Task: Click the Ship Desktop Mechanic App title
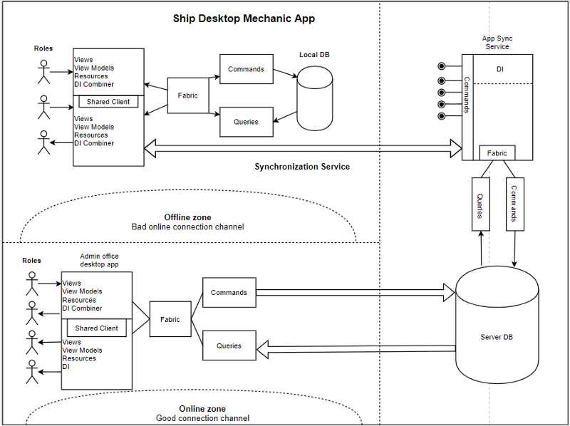pyautogui.click(x=244, y=19)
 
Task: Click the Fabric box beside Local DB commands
pyautogui.click(x=188, y=95)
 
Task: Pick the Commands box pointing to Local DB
pyautogui.click(x=246, y=69)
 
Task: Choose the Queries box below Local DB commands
pyautogui.click(x=246, y=122)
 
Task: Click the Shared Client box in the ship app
pyautogui.click(x=108, y=102)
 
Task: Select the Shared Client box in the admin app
pyautogui.click(x=96, y=328)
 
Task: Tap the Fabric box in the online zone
pyautogui.click(x=170, y=320)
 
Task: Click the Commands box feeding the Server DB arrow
pyautogui.click(x=229, y=293)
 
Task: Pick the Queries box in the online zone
pyautogui.click(x=229, y=346)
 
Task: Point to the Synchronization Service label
pyautogui.click(x=302, y=167)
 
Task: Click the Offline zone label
pyautogui.click(x=187, y=217)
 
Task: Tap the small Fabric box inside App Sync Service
pyautogui.click(x=497, y=153)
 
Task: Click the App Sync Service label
pyautogui.click(x=497, y=42)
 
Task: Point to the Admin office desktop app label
pyautogui.click(x=99, y=260)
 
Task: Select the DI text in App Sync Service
pyautogui.click(x=500, y=69)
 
